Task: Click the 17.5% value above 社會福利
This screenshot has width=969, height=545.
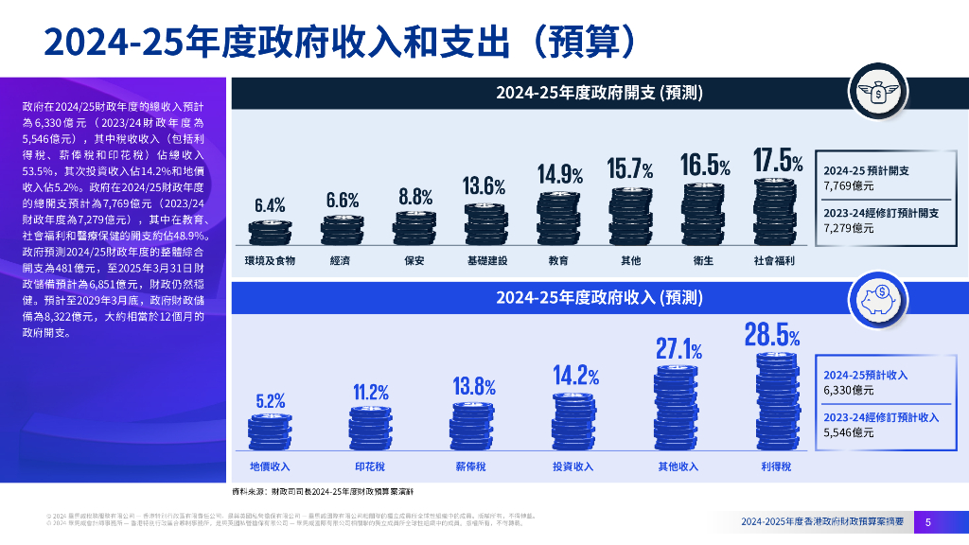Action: point(778,161)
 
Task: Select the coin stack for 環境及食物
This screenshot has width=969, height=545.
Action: point(270,233)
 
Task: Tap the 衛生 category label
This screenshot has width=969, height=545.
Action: point(705,259)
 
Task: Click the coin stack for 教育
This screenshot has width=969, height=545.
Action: point(558,217)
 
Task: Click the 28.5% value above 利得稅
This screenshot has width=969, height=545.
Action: point(772,336)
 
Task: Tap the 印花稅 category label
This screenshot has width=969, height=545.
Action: point(371,466)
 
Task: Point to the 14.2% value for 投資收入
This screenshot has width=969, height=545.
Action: point(576,376)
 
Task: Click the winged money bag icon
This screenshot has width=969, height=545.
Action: point(878,93)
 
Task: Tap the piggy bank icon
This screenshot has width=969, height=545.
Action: point(878,300)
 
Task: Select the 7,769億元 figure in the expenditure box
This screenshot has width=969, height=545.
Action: point(848,186)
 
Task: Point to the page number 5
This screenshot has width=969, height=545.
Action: point(927,521)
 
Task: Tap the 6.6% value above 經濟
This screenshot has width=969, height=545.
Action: point(343,200)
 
